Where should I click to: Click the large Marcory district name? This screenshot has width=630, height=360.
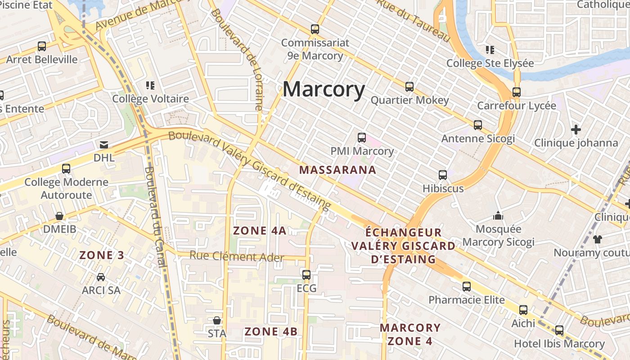[324, 89]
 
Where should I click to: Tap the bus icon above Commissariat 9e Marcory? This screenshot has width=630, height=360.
[315, 29]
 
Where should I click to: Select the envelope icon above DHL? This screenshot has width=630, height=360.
[104, 144]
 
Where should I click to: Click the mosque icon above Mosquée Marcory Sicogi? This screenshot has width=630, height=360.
[498, 216]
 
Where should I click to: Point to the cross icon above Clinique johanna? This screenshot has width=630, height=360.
[576, 130]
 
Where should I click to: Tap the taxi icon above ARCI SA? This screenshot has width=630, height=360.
[101, 277]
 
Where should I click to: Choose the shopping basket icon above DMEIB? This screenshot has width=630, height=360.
[59, 216]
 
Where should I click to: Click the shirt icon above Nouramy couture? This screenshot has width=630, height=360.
[597, 239]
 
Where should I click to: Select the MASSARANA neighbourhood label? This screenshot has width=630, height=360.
[337, 170]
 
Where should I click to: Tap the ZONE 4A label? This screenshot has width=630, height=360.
[260, 231]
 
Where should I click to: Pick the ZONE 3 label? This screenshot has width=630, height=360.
[102, 255]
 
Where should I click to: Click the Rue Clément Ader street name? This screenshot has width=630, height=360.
[237, 256]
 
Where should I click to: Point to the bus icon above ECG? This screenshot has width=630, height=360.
[306, 274]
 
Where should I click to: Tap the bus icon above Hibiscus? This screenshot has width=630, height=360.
[443, 175]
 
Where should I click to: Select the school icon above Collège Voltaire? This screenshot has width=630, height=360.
[150, 85]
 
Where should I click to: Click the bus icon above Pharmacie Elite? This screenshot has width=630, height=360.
[467, 286]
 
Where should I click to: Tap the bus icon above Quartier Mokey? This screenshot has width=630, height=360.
[409, 86]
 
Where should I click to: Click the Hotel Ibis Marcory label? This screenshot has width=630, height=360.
[559, 344]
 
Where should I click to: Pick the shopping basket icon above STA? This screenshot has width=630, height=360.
[217, 320]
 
